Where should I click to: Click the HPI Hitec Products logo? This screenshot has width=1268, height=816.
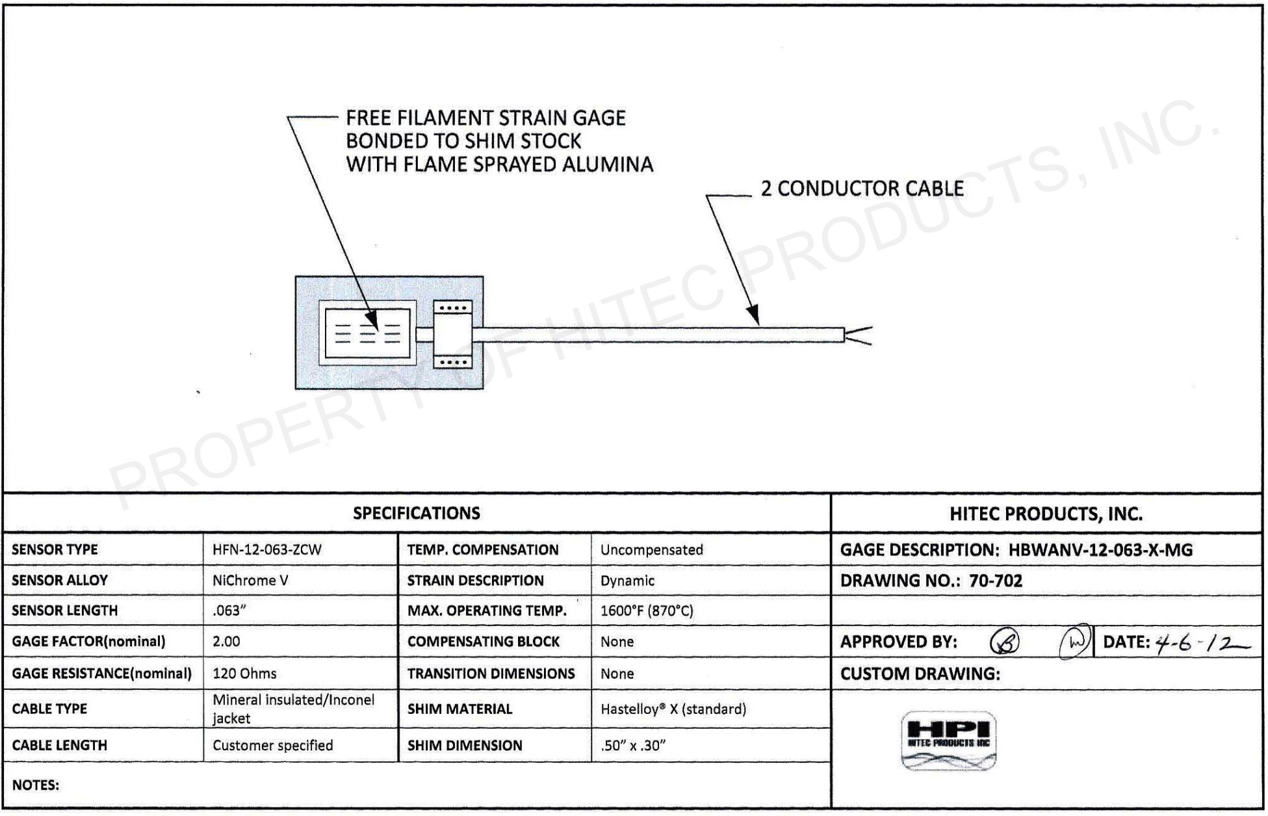coord(948,741)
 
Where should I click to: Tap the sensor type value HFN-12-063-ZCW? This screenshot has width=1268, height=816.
coord(266,550)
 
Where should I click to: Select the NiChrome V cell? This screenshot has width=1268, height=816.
coord(250,581)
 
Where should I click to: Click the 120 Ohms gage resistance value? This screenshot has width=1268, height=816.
coord(244,674)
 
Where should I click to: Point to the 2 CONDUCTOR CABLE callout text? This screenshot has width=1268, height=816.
coord(862,189)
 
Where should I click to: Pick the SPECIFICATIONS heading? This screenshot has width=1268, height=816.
coord(417,514)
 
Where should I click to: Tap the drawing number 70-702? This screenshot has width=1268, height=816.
coord(995,581)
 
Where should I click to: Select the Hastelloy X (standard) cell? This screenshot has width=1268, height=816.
coord(673,709)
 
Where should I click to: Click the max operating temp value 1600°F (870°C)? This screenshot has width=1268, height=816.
coord(647,611)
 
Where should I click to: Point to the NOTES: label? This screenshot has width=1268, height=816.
coord(36,785)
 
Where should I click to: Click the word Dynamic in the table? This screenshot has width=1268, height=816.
coord(627,581)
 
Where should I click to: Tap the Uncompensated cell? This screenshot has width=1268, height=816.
coord(651,550)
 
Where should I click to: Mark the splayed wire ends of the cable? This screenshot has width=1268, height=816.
coord(859,336)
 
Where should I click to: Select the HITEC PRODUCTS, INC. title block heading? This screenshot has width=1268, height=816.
coord(1046,514)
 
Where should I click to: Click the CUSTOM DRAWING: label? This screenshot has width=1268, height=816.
coord(920,674)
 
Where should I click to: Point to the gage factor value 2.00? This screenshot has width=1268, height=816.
coord(226,642)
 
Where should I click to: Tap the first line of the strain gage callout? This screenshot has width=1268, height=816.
coord(485,118)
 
